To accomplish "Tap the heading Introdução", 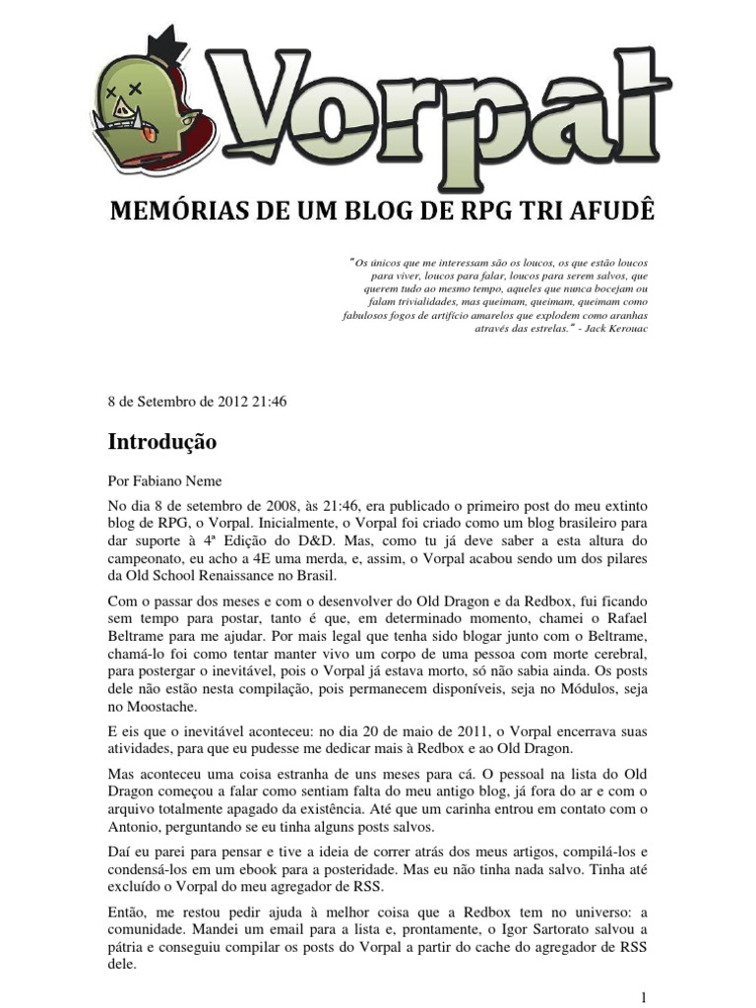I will point(161,443).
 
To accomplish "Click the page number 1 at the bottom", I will point(642,996).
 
